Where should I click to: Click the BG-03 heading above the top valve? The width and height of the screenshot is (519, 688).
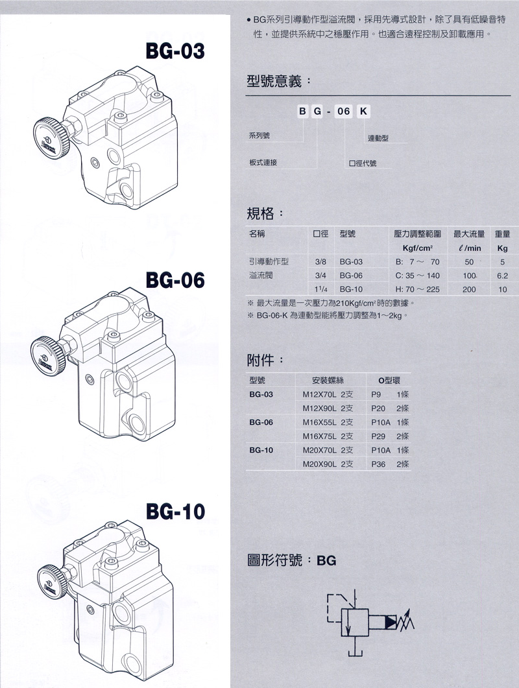[x=175, y=51]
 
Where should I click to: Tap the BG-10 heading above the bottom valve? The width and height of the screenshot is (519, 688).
[x=175, y=512]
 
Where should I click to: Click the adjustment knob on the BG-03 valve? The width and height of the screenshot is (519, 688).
[x=51, y=138]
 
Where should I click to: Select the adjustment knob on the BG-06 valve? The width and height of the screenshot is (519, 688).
[x=48, y=356]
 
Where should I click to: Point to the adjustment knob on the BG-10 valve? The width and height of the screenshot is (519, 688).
[x=53, y=583]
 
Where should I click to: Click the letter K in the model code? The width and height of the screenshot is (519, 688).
[x=363, y=112]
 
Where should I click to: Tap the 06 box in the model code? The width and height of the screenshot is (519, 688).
[x=343, y=112]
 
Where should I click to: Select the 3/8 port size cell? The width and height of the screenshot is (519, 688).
[x=320, y=262]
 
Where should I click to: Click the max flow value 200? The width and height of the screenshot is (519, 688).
[x=469, y=289]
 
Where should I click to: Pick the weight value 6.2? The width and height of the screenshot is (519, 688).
[x=502, y=276]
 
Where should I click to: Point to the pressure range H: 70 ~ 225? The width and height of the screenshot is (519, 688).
[x=418, y=289]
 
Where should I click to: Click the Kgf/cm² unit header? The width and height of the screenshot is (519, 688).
[x=418, y=248]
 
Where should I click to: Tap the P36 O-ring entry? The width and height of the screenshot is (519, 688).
[x=378, y=464]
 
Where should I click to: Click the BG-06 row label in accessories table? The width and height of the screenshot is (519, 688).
[x=261, y=422]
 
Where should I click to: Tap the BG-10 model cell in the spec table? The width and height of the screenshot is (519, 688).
[x=351, y=289]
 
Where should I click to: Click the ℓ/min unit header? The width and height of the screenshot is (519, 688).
[x=470, y=248]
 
